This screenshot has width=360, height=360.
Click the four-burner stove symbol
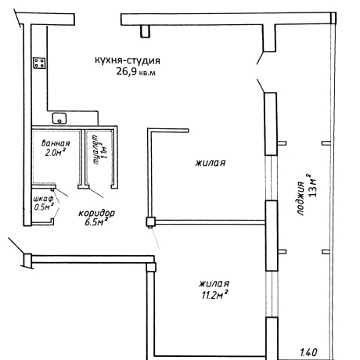[39, 63]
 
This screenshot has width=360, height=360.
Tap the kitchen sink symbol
[59, 118]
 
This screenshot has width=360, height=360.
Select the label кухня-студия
[128, 60]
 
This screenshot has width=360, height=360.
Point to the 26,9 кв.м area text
[135, 72]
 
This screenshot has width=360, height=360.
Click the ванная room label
[56, 143]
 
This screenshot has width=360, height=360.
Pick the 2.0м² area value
[55, 153]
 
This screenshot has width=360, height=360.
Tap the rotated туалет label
[95, 149]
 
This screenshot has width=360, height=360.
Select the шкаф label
[43, 199]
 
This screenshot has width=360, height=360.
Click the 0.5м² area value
[44, 207]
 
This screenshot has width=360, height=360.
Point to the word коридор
[96, 213]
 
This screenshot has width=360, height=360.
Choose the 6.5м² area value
[96, 222]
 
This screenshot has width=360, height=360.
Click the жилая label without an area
[211, 163]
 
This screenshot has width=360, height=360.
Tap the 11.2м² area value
[214, 295]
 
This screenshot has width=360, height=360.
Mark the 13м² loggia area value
[312, 185]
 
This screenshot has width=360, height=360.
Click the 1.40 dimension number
[308, 352]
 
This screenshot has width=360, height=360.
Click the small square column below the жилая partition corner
[150, 221]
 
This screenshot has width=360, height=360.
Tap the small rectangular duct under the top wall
[146, 31]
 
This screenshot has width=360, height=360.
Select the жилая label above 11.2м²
[214, 283]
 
